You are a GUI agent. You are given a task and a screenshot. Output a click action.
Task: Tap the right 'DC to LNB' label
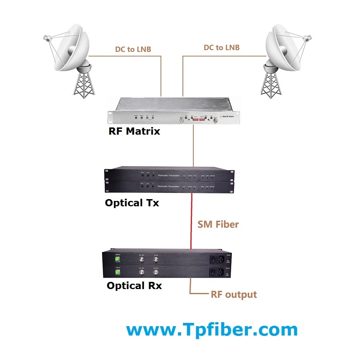point(221,48)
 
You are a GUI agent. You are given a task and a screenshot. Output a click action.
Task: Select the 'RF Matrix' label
point(134,131)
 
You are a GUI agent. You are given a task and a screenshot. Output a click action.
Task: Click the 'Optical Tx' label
point(132,203)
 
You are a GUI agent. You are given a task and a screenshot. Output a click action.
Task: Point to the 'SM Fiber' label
point(218,225)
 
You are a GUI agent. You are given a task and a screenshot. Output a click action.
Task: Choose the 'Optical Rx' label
point(134,286)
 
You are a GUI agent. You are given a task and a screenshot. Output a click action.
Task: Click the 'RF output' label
point(234,294)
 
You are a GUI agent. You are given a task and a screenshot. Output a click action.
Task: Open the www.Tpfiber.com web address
point(212,330)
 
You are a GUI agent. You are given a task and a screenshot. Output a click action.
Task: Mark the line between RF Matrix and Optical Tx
point(194,148)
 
